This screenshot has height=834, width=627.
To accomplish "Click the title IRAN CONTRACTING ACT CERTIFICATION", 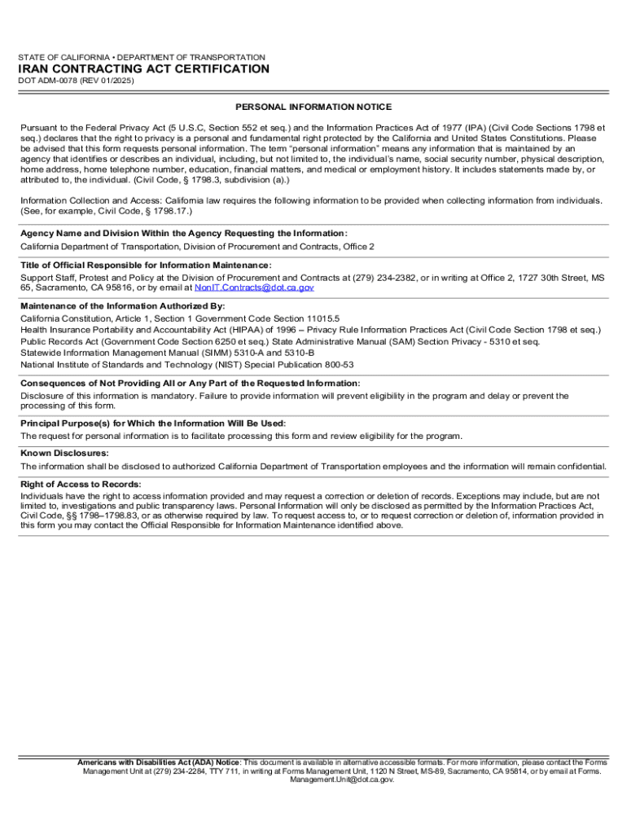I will point(144,69).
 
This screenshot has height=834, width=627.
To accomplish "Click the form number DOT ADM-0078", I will point(50,82).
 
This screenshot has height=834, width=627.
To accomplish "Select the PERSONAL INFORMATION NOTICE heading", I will point(313,107).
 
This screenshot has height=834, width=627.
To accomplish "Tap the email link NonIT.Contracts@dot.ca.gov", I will point(254,288).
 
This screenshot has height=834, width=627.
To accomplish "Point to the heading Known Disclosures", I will point(64,453).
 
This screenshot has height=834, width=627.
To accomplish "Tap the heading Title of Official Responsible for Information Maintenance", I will point(146,266).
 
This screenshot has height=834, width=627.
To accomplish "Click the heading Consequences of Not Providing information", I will point(190,383).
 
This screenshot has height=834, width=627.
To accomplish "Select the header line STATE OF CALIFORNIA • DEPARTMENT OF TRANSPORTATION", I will point(142,57).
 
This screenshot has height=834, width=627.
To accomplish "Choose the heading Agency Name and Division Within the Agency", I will point(183,234).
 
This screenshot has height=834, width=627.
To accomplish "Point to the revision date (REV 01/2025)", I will point(108,82).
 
